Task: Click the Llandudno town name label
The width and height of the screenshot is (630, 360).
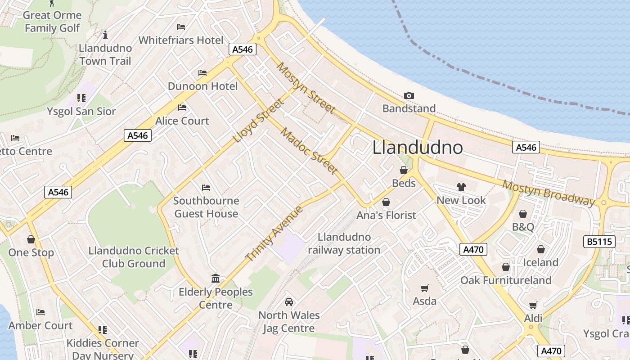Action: pyautogui.click(x=418, y=148)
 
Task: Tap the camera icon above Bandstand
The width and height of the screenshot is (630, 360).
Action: pyautogui.click(x=409, y=95)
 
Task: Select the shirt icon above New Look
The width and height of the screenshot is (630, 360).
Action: pyautogui.click(x=461, y=187)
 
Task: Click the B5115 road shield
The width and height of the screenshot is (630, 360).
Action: pyautogui.click(x=600, y=242)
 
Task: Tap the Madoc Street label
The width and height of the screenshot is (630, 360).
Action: pyautogui.click(x=309, y=151)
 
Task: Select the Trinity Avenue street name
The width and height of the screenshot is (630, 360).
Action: pyautogui.click(x=274, y=234)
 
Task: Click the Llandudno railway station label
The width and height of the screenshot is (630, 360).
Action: pyautogui.click(x=344, y=243)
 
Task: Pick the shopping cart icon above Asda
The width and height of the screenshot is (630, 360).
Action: pyautogui.click(x=424, y=288)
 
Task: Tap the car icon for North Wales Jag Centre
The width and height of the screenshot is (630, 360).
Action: pyautogui.click(x=289, y=302)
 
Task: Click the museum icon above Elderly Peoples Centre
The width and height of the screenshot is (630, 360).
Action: pyautogui.click(x=215, y=279)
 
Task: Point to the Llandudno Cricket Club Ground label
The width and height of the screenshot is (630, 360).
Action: pyautogui.click(x=134, y=257)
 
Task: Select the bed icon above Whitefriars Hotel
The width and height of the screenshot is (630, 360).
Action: pyautogui.click(x=181, y=27)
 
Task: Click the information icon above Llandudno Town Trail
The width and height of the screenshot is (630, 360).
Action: pyautogui.click(x=105, y=35)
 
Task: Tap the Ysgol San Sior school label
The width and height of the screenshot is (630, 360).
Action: pyautogui.click(x=81, y=111)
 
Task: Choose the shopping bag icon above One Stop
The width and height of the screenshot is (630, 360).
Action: pyautogui.click(x=31, y=239)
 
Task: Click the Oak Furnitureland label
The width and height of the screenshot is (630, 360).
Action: pyautogui.click(x=505, y=280)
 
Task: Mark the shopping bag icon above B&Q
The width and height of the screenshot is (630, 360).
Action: pyautogui.click(x=523, y=214)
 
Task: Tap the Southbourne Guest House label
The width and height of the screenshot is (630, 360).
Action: pyautogui.click(x=206, y=207)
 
